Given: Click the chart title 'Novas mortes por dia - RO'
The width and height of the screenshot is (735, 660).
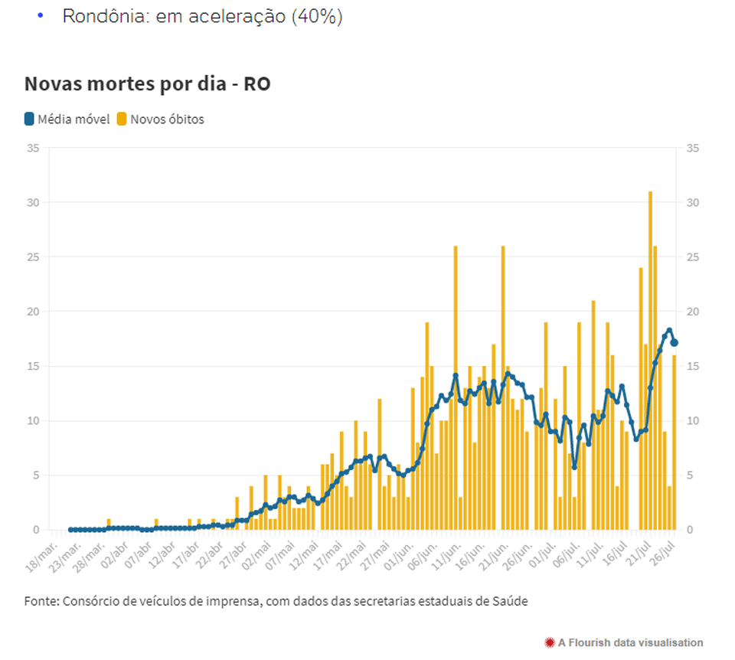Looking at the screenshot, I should [x=147, y=84].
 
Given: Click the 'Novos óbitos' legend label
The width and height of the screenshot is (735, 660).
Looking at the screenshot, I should [x=166, y=119].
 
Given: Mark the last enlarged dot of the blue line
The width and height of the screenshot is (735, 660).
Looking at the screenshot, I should [x=674, y=343].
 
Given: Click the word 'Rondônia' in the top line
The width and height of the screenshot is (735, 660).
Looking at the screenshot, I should [x=106, y=17].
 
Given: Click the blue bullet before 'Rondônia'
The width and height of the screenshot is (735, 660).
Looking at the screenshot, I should [x=40, y=15].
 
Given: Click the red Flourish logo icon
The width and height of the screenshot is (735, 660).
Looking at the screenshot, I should [x=549, y=642].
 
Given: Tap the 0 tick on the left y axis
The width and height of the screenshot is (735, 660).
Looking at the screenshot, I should [x=35, y=530].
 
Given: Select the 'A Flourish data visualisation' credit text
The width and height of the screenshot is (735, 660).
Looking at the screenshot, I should [x=630, y=642].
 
